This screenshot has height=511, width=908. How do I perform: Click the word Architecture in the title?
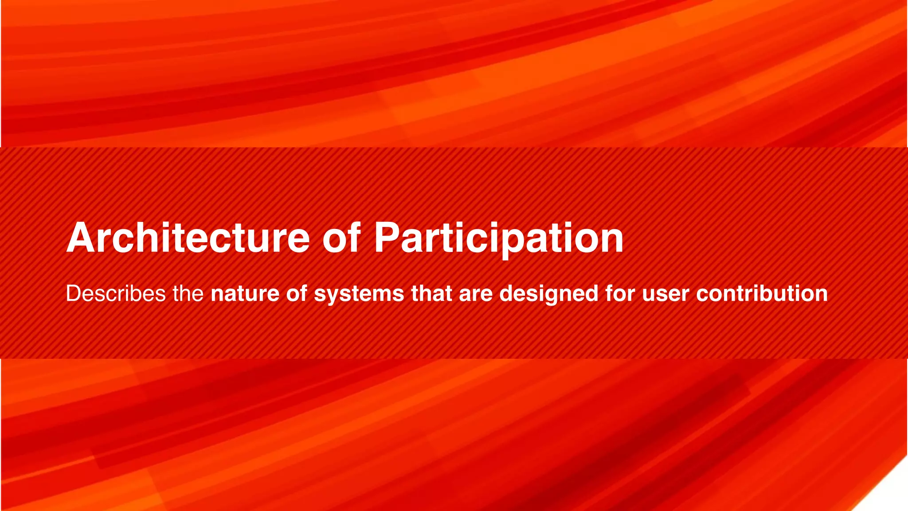tap(188, 238)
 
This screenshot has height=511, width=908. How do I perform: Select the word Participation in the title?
tap(499, 238)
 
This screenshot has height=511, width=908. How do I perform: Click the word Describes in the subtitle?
tap(116, 294)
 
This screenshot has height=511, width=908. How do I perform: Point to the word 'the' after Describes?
tap(188, 294)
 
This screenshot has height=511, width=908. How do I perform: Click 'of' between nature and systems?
tap(297, 294)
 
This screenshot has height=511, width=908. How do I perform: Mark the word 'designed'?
tap(548, 294)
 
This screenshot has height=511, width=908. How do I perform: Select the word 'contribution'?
tap(762, 294)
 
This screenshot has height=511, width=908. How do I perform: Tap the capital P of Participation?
tap(387, 238)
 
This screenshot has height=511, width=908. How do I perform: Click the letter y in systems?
tap(333, 296)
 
